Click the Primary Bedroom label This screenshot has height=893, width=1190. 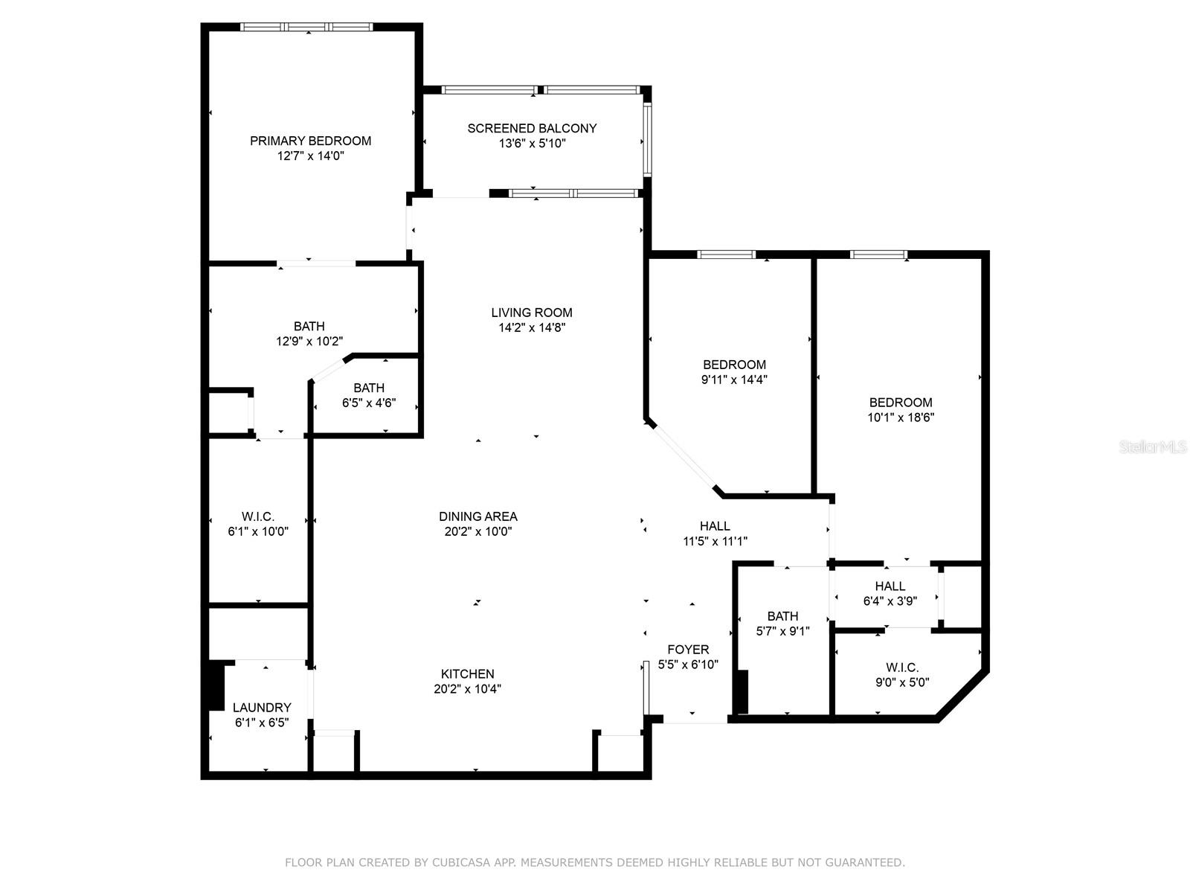pyautogui.click(x=310, y=141)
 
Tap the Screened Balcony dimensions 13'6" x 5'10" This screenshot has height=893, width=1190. pyautogui.click(x=532, y=144)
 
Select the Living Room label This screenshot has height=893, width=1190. pyautogui.click(x=532, y=313)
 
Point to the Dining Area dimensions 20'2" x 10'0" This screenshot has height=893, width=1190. pyautogui.click(x=477, y=532)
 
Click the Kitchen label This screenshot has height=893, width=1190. pyautogui.click(x=467, y=674)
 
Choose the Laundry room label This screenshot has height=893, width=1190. pyautogui.click(x=262, y=708)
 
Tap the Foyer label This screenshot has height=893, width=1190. pyautogui.click(x=688, y=650)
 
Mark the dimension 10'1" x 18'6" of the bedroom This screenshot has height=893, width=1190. pyautogui.click(x=901, y=418)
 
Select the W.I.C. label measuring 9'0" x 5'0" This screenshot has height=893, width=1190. pyautogui.click(x=902, y=668)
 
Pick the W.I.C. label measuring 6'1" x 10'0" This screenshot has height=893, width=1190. pyautogui.click(x=258, y=516)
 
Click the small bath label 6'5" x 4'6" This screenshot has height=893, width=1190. pyautogui.click(x=369, y=388)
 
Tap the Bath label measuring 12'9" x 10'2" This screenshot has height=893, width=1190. pyautogui.click(x=309, y=326)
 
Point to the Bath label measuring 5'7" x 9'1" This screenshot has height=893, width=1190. pyautogui.click(x=782, y=616)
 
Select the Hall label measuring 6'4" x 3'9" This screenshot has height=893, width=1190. pyautogui.click(x=890, y=586)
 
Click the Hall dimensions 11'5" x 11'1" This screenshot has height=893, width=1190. pyautogui.click(x=715, y=542)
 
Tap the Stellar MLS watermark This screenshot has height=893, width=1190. pyautogui.click(x=1154, y=447)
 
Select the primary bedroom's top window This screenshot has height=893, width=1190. pyautogui.click(x=306, y=27)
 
